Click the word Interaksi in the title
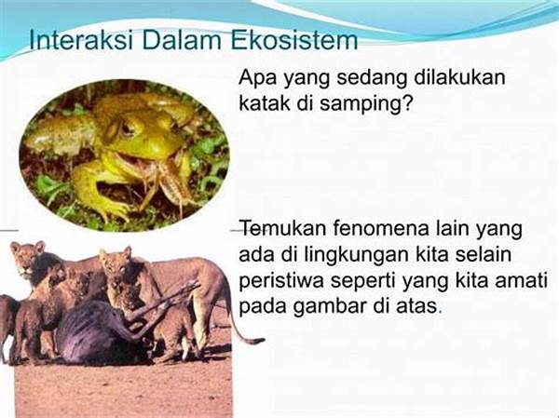(81, 40)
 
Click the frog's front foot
(114, 213)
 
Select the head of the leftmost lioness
(28, 258)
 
